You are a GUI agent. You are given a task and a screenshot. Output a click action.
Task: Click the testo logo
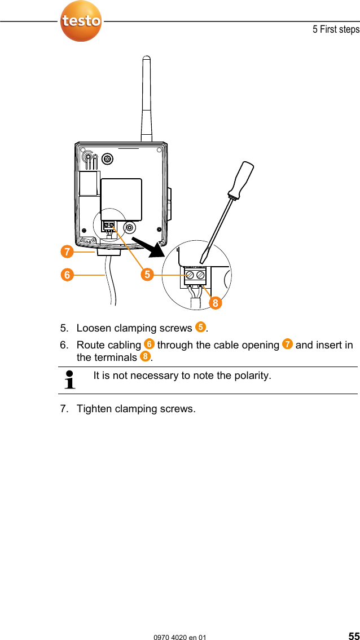point(81,21)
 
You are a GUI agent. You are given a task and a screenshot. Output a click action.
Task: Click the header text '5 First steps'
point(336,29)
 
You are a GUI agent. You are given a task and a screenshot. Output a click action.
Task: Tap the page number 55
point(353,635)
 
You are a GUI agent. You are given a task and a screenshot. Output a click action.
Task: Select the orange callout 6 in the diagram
point(68,275)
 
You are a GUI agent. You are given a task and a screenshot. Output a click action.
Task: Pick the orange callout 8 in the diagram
point(214,303)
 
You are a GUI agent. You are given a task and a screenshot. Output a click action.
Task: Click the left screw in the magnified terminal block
point(190,275)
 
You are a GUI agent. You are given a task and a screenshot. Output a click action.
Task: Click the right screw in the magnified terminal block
point(200,275)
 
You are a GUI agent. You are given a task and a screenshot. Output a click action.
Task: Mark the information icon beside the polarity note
point(71,380)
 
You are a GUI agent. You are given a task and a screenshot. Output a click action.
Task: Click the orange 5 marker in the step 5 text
point(200,327)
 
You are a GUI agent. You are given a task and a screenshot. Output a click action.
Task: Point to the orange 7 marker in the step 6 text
point(287,344)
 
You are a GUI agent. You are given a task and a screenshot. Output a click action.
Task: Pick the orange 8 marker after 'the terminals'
point(146,357)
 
